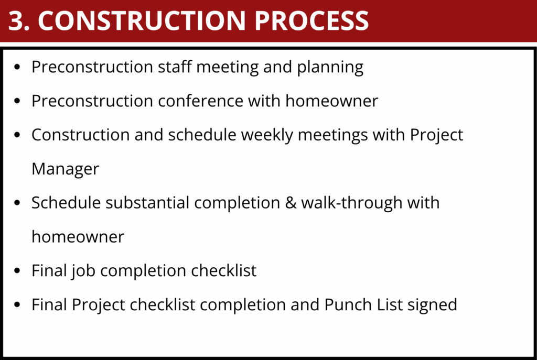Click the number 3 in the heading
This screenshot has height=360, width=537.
17,20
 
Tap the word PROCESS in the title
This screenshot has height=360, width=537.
312,20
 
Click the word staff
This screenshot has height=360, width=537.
174,67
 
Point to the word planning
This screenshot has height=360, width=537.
330,68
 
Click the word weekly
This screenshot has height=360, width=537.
267,136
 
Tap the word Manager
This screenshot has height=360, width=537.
66,169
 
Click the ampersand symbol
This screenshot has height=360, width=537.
291,203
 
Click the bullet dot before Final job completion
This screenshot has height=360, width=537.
17,271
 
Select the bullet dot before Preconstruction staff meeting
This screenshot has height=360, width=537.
17,67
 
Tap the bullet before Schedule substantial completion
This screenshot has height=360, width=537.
17,203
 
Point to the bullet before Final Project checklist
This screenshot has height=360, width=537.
17,305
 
